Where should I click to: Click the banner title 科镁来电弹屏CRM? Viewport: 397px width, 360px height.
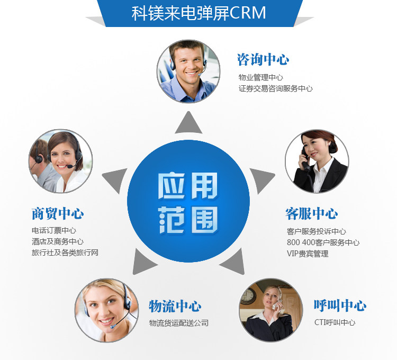(198, 13)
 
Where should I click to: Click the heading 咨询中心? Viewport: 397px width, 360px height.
(263, 59)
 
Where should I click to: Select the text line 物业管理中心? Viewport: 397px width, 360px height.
(260, 77)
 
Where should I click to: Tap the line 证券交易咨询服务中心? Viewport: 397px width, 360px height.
(275, 88)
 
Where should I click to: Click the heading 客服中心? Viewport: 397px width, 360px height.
(311, 214)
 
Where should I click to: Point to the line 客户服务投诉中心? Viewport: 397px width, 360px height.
(316, 231)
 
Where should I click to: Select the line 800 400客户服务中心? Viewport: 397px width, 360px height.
(323, 242)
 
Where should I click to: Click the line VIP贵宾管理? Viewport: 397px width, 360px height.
(308, 254)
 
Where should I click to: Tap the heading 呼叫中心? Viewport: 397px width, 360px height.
(340, 305)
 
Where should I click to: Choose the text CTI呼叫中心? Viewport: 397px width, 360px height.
(335, 322)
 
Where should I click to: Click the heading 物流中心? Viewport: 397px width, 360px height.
(175, 306)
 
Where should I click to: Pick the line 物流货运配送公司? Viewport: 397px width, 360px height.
(178, 322)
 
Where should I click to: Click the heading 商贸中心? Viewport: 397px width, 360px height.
(57, 214)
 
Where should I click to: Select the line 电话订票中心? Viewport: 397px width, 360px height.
(53, 231)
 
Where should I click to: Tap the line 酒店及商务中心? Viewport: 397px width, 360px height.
(57, 241)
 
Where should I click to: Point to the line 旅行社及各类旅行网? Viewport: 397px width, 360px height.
(65, 253)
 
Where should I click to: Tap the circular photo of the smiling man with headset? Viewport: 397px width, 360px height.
(188, 71)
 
